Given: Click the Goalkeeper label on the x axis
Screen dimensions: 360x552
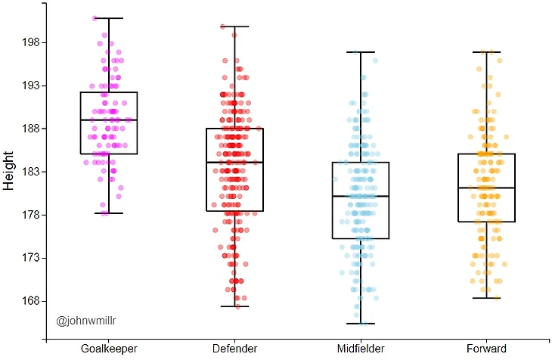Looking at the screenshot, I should click(109, 349).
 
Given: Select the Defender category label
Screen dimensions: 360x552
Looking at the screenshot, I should click(234, 349).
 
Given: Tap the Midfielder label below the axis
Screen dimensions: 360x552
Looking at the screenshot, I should click(361, 349).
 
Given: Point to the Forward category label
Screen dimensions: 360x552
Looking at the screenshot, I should click(487, 349).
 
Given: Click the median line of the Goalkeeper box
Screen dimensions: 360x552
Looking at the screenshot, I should click(109, 120).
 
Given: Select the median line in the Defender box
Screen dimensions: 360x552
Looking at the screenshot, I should click(234, 163).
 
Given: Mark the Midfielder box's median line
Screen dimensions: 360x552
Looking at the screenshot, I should click(361, 197).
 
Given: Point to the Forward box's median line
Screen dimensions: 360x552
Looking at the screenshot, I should click(487, 188).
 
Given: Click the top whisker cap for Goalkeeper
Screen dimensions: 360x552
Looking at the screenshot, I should click(109, 18).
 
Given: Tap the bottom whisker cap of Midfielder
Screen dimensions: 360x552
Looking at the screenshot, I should click(361, 324).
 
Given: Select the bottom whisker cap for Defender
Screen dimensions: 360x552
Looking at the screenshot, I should click(234, 306).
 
